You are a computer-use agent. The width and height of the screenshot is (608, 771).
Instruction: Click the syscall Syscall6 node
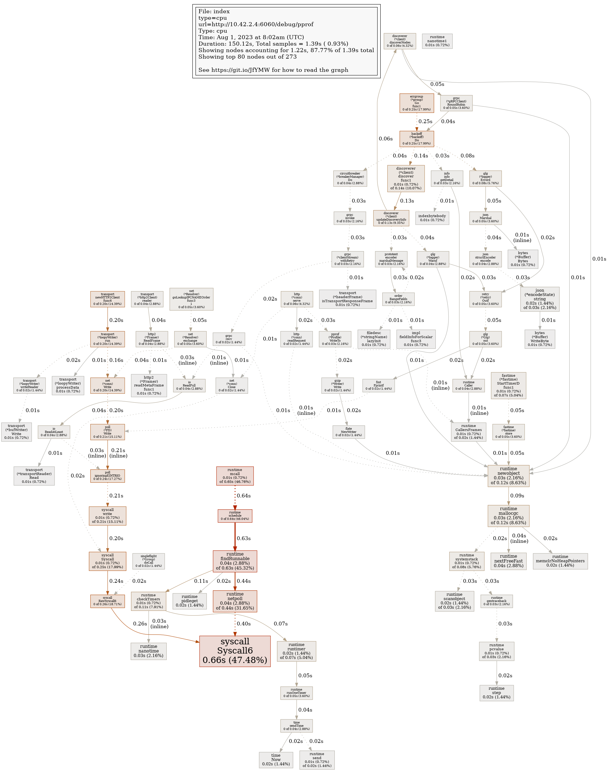235,651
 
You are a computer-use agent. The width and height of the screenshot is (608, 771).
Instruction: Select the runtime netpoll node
235,601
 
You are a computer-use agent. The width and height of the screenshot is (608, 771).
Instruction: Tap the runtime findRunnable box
235,561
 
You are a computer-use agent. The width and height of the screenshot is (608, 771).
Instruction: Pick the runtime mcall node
235,476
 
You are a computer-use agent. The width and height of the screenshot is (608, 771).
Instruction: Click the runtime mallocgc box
508,516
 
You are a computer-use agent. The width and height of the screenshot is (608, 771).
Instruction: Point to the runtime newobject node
508,476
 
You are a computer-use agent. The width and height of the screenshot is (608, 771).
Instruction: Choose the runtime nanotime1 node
437,41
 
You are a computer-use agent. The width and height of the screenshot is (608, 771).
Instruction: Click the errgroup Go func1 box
417,103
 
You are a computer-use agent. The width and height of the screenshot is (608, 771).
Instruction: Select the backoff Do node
417,139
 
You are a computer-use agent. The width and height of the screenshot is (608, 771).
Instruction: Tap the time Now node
276,760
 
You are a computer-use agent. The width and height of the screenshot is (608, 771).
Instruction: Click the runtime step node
496,693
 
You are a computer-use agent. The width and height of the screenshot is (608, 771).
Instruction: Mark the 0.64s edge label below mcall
244,496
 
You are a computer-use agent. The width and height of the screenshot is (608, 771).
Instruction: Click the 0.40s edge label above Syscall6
244,624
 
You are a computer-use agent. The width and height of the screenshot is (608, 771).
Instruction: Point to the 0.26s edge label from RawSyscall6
140,624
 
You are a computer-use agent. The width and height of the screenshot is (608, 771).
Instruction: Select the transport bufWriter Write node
16,432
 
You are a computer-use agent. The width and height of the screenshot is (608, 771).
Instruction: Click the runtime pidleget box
189,601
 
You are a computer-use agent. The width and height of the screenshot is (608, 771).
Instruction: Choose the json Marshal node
485,218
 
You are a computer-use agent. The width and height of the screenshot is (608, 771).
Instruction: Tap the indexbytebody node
432,218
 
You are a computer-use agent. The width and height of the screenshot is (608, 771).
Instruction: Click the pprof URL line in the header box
256,24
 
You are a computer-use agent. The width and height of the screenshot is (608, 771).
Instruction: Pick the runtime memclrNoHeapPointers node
560,561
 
